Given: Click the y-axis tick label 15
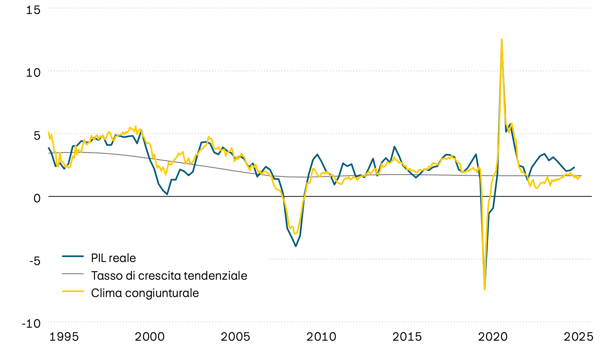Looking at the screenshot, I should click(x=33, y=10).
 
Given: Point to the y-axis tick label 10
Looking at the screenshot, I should click(x=33, y=72).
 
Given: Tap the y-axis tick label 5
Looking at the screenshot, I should click(x=37, y=135).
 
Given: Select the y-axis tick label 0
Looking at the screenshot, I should click(x=37, y=198).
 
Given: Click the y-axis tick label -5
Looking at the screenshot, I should click(x=34, y=261).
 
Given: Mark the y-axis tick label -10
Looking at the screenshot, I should click(x=31, y=323).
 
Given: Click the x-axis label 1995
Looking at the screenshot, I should click(x=64, y=337).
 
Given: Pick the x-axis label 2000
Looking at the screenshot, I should click(x=150, y=337).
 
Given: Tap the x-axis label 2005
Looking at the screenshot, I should click(x=235, y=337).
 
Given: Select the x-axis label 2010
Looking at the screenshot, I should click(x=321, y=337).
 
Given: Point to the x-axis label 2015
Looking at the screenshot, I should click(x=407, y=337).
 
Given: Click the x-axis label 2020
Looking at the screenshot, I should click(x=493, y=337).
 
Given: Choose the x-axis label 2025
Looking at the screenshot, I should click(x=578, y=337).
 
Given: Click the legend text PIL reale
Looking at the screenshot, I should click(x=113, y=258).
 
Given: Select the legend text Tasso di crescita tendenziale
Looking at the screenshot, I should click(x=169, y=276).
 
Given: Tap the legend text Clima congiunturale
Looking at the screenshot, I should click(x=145, y=293).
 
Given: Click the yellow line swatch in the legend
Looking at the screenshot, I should click(x=73, y=291).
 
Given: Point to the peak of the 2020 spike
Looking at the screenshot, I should click(x=502, y=39).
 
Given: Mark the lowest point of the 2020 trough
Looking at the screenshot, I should click(x=484, y=289).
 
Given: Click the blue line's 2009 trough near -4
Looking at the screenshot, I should click(x=296, y=246).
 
